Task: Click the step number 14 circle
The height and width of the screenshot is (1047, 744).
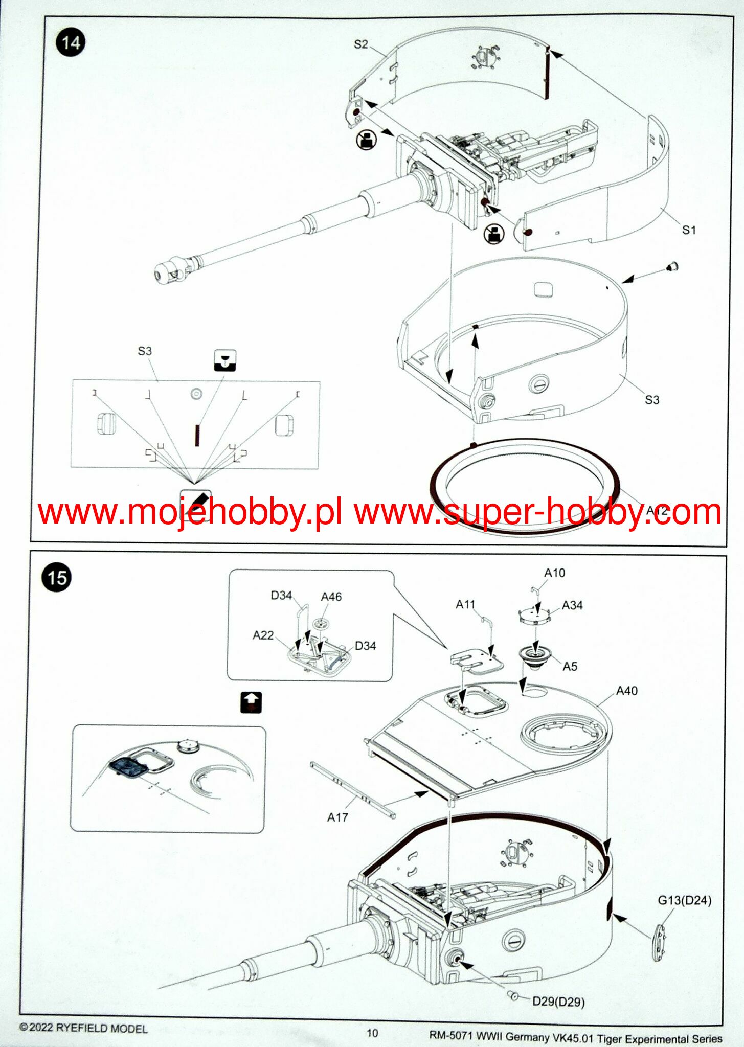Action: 71,42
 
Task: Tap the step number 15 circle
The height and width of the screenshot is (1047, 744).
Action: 56,578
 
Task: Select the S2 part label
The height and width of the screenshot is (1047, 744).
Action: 361,44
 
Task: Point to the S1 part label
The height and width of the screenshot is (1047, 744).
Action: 689,230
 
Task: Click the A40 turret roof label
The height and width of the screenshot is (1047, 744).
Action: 626,691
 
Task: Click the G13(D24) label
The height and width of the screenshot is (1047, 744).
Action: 684,900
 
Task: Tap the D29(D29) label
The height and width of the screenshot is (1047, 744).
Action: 558,1001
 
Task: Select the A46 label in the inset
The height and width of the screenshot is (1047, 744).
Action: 331,597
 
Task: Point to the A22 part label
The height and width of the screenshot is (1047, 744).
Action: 263,635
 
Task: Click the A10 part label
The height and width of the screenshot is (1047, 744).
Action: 554,573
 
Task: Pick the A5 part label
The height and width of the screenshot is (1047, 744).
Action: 570,666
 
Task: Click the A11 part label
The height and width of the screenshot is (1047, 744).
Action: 465,604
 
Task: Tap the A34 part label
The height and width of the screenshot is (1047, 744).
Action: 572,605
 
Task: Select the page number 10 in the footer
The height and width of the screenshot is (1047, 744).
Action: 372,1033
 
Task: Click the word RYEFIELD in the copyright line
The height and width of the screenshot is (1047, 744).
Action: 82,1028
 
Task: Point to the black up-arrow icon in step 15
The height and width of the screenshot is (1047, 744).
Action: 251,702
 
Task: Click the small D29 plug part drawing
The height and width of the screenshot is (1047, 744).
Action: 513,995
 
